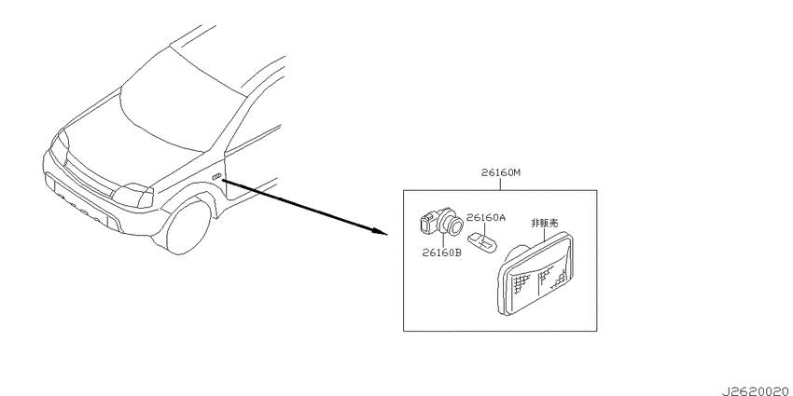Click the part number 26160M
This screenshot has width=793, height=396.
500,173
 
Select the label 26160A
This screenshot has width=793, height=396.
485,218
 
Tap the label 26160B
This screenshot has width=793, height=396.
442,253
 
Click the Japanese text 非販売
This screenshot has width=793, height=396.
544,222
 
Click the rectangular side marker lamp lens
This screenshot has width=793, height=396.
536,274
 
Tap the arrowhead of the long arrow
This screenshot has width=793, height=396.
380,232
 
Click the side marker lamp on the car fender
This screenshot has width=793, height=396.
216,175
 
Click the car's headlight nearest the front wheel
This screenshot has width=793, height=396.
132,195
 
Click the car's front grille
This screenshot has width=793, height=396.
89,174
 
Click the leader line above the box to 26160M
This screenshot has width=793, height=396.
500,184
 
